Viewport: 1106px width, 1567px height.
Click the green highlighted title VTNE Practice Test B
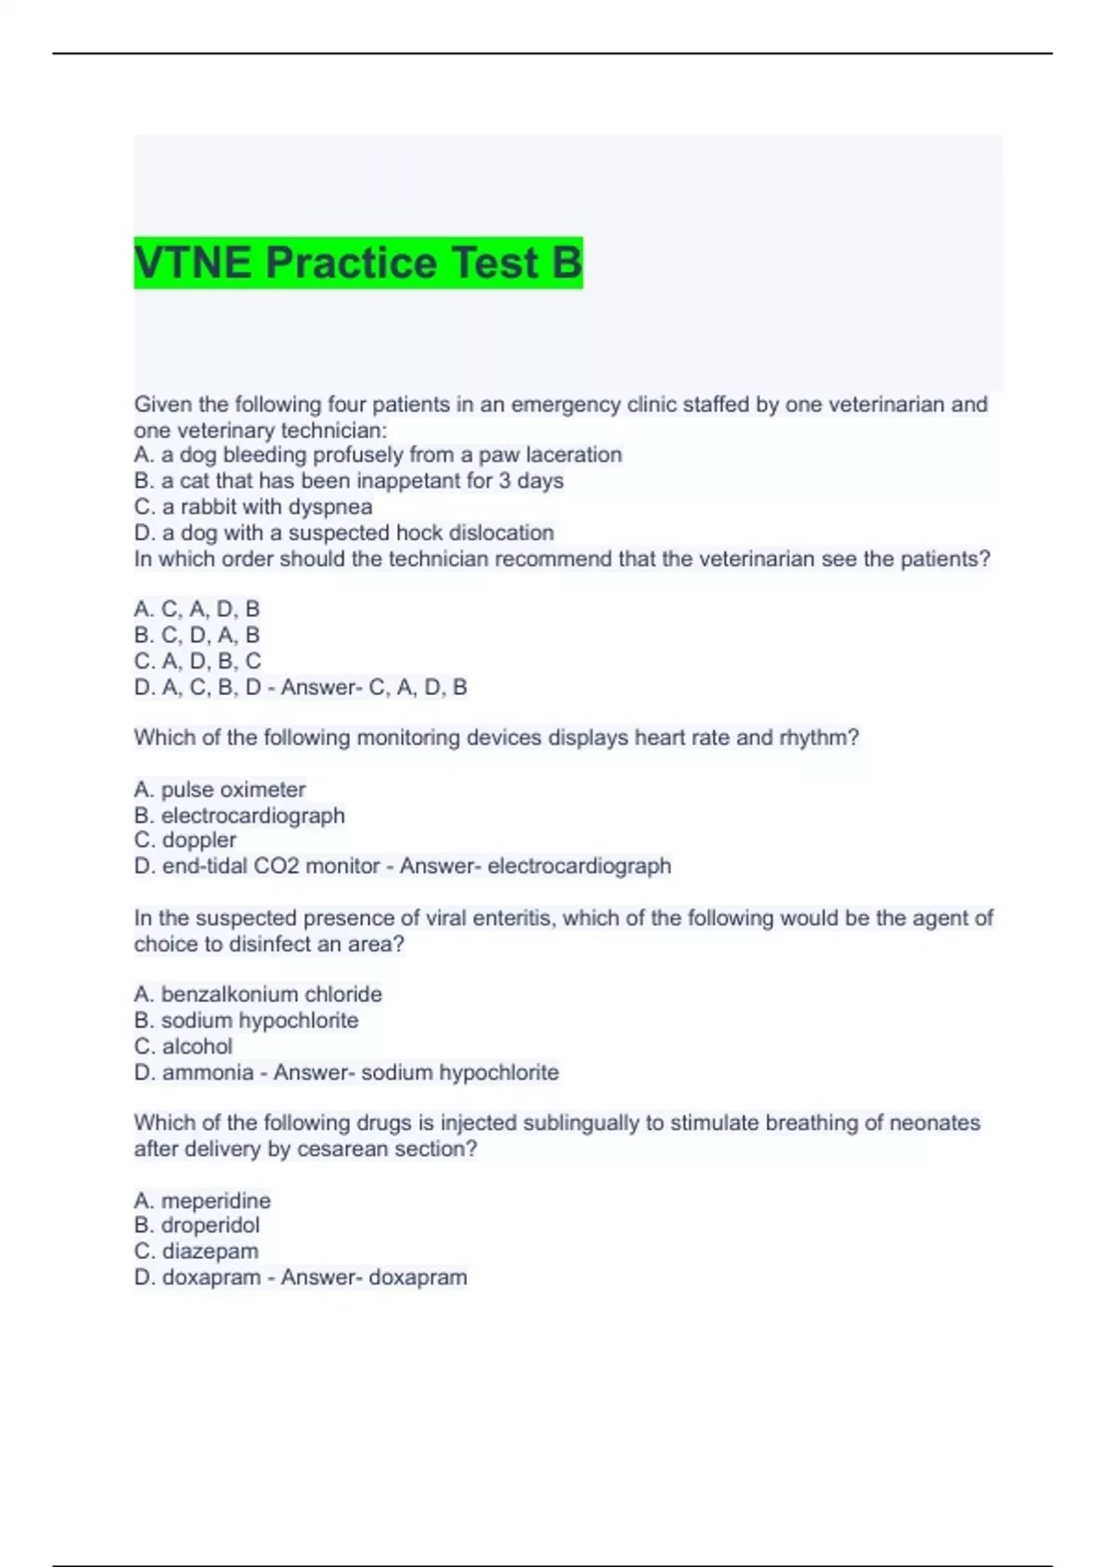[358, 263]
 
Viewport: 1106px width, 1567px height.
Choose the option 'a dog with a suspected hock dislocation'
[344, 533]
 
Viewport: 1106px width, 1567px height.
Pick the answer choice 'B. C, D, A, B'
[197, 635]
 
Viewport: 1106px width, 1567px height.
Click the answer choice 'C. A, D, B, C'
[197, 661]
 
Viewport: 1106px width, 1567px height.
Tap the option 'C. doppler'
[185, 840]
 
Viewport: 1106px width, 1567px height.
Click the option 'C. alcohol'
[183, 1046]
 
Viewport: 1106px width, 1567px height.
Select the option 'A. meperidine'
[203, 1201]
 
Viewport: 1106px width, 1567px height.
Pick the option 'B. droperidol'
[197, 1225]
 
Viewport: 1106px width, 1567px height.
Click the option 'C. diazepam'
[196, 1251]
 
